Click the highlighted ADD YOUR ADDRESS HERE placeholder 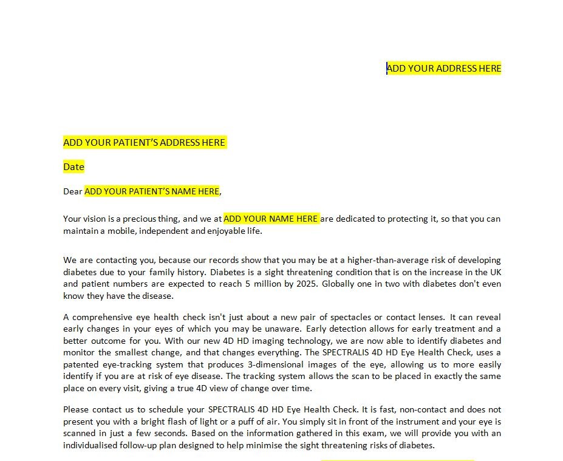pos(444,68)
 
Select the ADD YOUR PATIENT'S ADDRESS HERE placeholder pos(145,143)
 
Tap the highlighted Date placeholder pos(73,167)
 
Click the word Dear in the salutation pos(72,191)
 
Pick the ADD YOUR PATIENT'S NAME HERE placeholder pos(152,191)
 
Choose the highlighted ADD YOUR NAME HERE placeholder pos(271,219)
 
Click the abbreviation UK pos(495,272)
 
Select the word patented pos(81,364)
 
